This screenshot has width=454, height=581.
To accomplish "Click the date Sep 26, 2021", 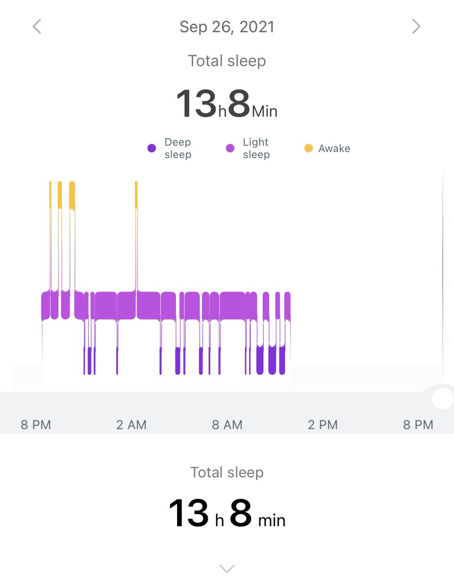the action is (x=227, y=27).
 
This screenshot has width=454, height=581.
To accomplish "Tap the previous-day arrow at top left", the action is (x=37, y=27).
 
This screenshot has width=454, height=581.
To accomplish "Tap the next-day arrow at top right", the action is (x=416, y=27).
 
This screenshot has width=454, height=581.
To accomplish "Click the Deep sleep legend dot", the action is (x=151, y=148).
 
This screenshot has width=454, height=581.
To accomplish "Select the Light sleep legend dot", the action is (x=230, y=148).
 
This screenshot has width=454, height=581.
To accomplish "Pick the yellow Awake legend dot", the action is (x=309, y=148).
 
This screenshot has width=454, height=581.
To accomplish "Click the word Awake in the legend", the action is (x=334, y=148).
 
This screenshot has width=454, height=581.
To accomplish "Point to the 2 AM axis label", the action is (x=132, y=425).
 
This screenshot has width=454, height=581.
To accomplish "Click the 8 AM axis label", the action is (x=227, y=425).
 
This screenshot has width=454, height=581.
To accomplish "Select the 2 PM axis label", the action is (x=323, y=425).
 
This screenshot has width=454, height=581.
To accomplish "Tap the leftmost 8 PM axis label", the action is (x=36, y=425).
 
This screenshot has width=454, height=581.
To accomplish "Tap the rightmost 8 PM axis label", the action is (x=418, y=425).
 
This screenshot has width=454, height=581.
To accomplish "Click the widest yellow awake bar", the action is (x=72, y=195).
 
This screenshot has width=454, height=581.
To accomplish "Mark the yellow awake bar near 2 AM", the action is (x=136, y=195).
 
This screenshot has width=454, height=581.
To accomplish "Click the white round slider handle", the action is (x=443, y=398).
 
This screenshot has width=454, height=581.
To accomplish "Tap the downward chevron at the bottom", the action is (x=227, y=569).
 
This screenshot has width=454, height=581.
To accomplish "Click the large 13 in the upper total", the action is (x=196, y=104).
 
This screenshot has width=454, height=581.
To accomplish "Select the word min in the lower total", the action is (x=272, y=520).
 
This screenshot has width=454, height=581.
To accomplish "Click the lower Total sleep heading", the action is (x=227, y=472).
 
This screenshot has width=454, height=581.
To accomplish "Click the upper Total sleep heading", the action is (x=227, y=61).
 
